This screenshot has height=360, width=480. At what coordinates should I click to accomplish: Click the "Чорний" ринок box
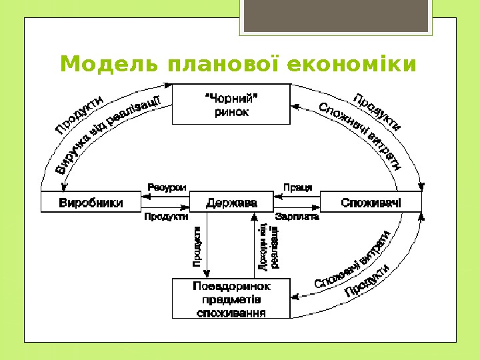(231, 104)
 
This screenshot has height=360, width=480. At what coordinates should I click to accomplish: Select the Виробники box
(91, 202)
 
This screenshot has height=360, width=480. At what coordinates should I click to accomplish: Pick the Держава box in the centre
(231, 202)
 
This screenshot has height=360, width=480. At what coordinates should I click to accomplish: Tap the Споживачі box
(371, 202)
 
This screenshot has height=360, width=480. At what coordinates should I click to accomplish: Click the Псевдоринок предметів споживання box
(231, 299)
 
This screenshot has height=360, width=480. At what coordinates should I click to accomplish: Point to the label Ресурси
(167, 188)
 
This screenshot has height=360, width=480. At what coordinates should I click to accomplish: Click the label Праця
(297, 188)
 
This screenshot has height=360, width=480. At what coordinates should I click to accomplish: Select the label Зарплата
(297, 217)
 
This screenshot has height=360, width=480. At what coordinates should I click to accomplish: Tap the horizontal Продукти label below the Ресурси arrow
(166, 217)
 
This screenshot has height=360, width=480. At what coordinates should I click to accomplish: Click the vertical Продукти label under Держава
(197, 247)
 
